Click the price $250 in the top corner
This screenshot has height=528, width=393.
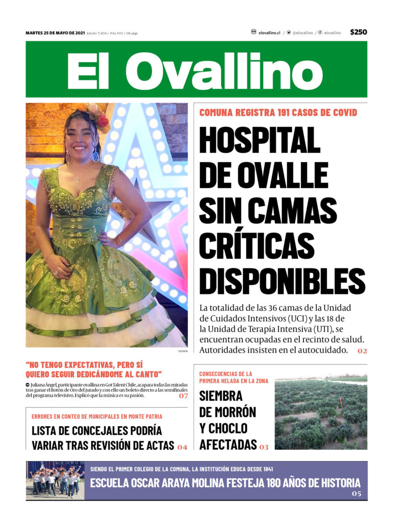pyautogui.click(x=358, y=32)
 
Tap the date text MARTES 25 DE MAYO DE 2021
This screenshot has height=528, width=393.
pyautogui.click(x=55, y=33)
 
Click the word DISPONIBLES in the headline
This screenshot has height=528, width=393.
pyautogui.click(x=282, y=280)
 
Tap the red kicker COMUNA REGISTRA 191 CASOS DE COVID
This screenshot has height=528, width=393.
pyautogui.click(x=278, y=112)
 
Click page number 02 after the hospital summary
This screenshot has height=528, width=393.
pyautogui.click(x=362, y=351)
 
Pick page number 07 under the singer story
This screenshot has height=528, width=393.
pyautogui.click(x=183, y=396)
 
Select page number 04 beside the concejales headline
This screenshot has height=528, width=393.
pyautogui.click(x=182, y=447)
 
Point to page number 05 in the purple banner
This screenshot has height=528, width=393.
pyautogui.click(x=356, y=494)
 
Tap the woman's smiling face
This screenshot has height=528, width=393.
pyautogui.click(x=82, y=137)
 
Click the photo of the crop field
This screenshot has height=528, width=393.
pyautogui.click(x=320, y=414)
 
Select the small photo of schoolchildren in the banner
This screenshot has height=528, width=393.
pyautogui.click(x=55, y=480)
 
